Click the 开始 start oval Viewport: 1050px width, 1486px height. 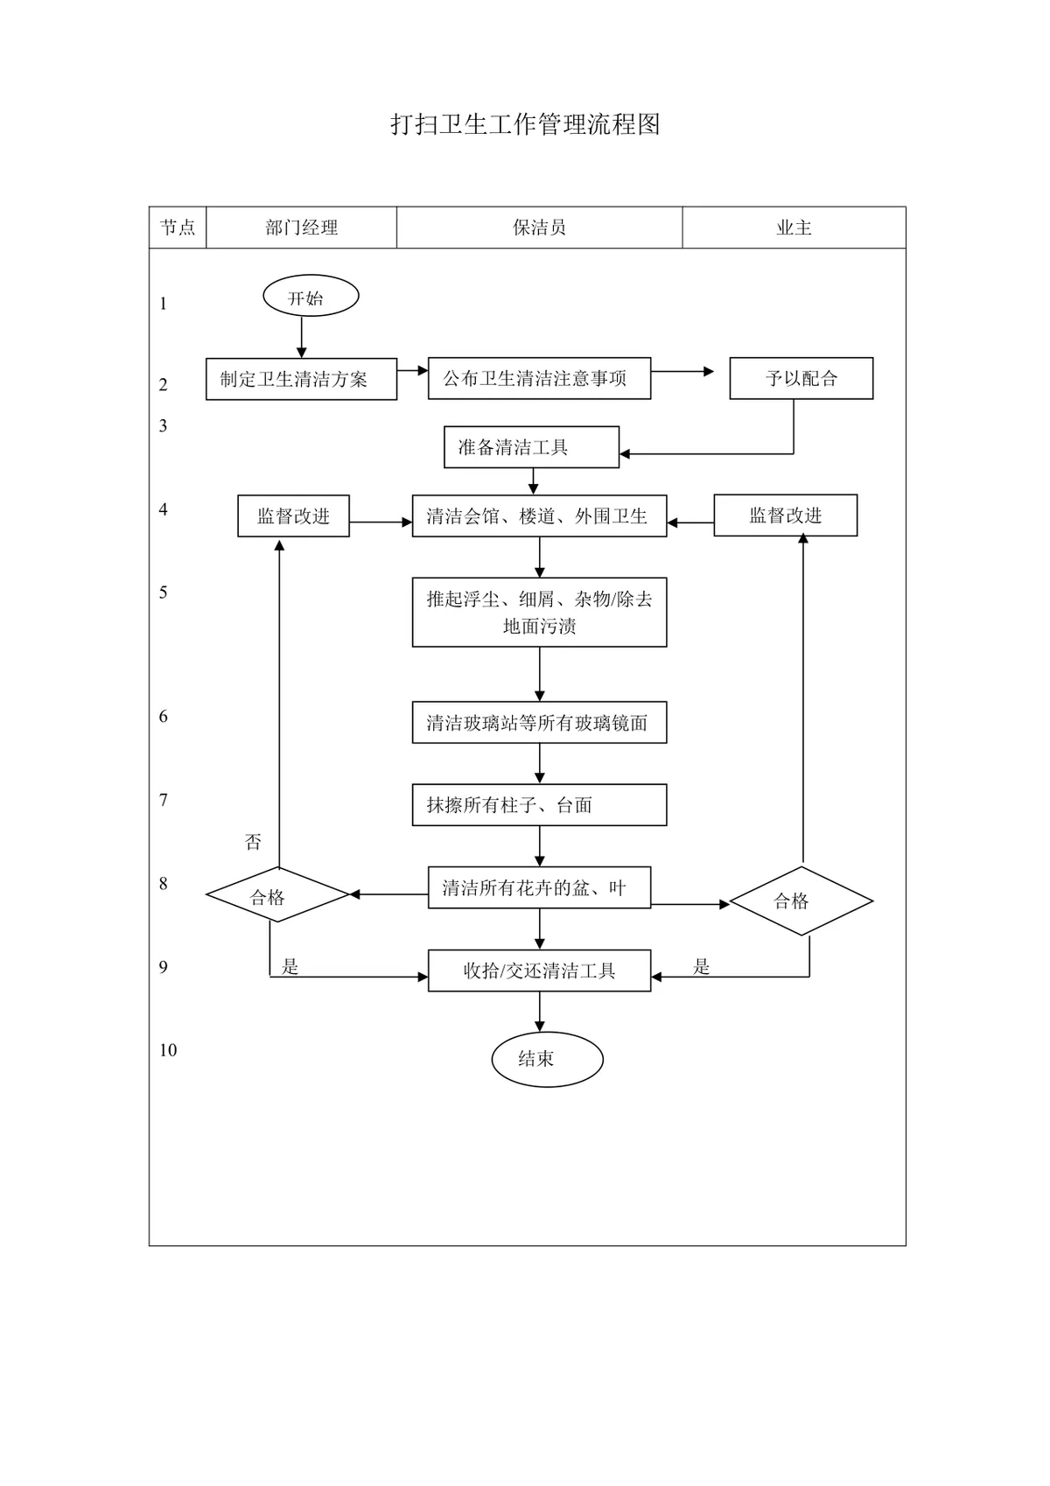(311, 295)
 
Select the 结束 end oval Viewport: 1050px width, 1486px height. (547, 1059)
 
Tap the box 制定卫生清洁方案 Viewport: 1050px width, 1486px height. (301, 379)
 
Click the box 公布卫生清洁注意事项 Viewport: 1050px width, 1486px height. (539, 378)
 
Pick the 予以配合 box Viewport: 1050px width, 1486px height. (801, 378)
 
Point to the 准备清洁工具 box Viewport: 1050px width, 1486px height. (531, 447)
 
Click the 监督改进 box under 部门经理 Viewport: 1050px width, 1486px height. (293, 515)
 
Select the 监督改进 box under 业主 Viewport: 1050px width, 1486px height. (786, 515)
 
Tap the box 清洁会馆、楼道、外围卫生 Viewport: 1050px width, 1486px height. (539, 515)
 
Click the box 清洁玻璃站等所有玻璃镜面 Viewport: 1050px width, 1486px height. (539, 723)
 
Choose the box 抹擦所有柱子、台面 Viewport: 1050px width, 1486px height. (539, 804)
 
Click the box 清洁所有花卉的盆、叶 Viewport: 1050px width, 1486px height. (539, 887)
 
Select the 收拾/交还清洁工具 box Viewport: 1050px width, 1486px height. (539, 971)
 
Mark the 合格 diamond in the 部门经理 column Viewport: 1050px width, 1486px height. (277, 894)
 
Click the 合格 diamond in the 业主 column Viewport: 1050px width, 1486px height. (801, 901)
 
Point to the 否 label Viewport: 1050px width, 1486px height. (253, 842)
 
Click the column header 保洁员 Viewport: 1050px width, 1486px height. (539, 228)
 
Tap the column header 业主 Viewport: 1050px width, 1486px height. (794, 228)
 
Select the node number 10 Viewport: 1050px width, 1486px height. (168, 1050)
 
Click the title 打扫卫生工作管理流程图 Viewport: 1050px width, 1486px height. (525, 124)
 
